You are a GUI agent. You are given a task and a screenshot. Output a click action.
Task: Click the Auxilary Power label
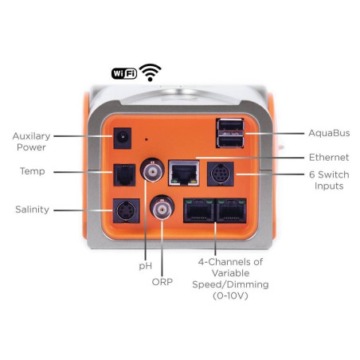[30, 141]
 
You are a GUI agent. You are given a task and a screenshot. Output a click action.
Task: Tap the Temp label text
[32, 171]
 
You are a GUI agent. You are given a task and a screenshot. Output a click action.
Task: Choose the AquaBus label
[328, 133]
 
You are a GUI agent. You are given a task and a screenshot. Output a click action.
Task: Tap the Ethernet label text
[328, 158]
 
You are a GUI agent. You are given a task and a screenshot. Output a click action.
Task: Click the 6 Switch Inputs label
[329, 179]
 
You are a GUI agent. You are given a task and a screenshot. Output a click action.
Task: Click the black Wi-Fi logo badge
[123, 74]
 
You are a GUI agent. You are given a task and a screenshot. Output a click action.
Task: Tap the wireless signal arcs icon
[149, 73]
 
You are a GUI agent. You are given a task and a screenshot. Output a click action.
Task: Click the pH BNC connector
[150, 170]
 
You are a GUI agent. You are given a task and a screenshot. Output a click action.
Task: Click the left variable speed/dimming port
[198, 210]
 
